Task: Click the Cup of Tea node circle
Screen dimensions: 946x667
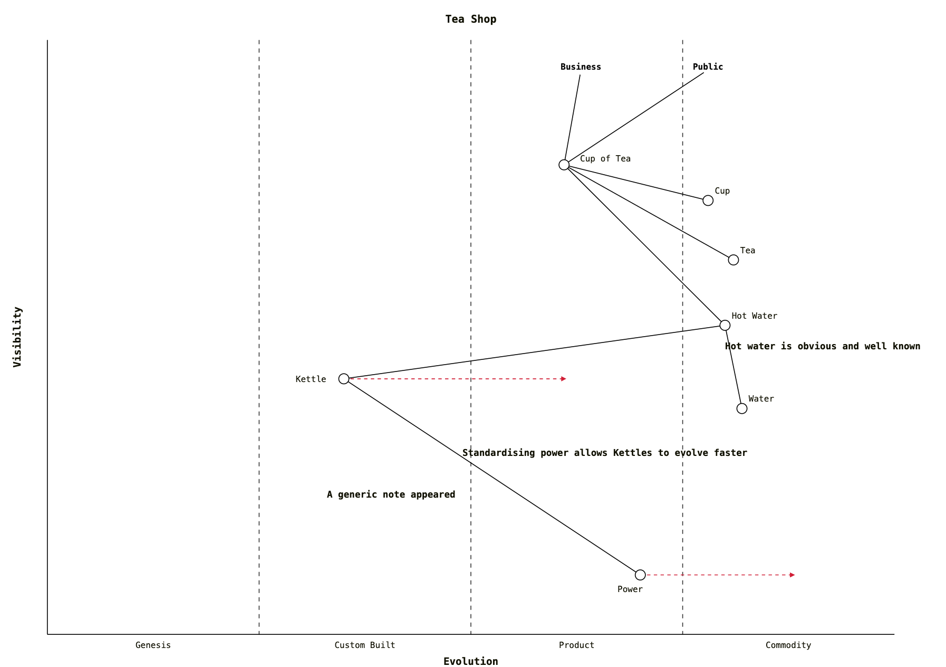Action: pos(564,165)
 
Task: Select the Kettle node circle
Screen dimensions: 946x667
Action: pos(344,378)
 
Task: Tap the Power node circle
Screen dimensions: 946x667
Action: pos(640,575)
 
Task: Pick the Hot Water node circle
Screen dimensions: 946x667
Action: pos(725,325)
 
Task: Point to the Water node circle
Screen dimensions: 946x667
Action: pos(742,408)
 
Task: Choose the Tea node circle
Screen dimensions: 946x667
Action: pos(733,260)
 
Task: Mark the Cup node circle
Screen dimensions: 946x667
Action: pos(708,201)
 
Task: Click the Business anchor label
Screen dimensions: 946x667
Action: pos(581,67)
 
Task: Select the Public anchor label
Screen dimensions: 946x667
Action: pos(708,67)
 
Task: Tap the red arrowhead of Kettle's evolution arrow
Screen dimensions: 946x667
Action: pos(564,379)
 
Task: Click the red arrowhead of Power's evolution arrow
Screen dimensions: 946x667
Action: pos(793,575)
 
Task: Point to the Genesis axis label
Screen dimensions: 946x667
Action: pos(153,645)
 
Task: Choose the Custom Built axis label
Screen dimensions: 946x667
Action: pos(365,645)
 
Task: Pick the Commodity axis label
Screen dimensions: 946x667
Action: pos(788,645)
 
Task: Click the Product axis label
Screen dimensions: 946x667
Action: pos(576,645)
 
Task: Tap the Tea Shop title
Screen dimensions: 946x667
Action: pos(471,19)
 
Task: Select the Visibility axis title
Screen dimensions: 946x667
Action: pos(17,337)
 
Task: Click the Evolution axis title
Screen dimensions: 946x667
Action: pos(470,661)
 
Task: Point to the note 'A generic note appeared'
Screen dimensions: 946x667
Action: pos(391,494)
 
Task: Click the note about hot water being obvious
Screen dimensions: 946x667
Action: pos(822,346)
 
